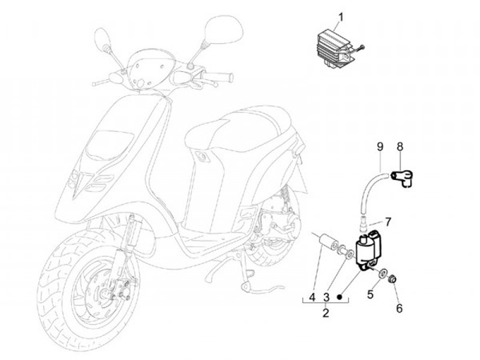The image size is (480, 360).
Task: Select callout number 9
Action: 380,146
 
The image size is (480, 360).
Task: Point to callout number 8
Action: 399,146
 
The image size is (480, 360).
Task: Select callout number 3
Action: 327,295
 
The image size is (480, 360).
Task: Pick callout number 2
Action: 326,312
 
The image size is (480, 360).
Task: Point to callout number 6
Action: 399,308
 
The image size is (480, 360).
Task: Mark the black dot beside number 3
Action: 341,295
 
